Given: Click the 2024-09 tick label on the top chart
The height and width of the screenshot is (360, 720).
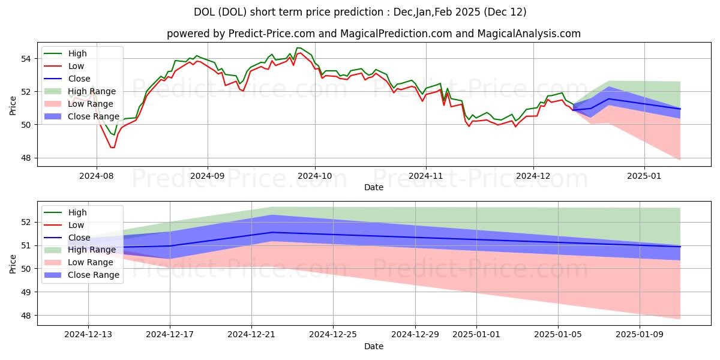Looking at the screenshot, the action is [208, 176].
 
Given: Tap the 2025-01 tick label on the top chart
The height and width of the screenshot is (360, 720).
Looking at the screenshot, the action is [644, 176].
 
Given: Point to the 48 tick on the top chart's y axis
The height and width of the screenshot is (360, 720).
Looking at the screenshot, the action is [26, 158].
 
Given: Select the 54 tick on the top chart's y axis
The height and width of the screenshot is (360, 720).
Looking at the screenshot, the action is [26, 59].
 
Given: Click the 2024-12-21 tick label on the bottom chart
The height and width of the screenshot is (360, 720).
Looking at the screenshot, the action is [251, 335].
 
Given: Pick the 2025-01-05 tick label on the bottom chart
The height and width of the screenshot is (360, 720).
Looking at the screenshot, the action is [558, 335].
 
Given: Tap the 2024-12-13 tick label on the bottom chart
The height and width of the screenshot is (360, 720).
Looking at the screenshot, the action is [88, 335].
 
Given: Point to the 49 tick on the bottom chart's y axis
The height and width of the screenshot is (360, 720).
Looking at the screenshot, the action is [26, 292].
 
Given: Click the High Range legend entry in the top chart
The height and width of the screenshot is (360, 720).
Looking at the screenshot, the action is [80, 91].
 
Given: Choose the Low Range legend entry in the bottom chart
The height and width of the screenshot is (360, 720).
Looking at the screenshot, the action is [79, 263].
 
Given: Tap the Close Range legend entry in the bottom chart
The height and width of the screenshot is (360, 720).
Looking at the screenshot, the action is [82, 275].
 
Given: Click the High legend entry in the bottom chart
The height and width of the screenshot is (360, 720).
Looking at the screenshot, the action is [65, 212].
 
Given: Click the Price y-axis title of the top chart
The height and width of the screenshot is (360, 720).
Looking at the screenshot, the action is [13, 106].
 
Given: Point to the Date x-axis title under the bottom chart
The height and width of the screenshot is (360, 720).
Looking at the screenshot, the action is [373, 346].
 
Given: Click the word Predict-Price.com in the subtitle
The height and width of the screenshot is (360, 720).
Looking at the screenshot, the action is [271, 34].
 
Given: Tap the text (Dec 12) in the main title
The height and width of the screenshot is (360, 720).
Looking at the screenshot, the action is [505, 12].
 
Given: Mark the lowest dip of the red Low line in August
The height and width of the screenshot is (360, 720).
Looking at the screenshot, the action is [112, 148].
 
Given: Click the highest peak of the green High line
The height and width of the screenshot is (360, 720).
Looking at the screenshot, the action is [298, 48].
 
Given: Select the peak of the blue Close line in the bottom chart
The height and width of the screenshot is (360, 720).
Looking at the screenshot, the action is [272, 232].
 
